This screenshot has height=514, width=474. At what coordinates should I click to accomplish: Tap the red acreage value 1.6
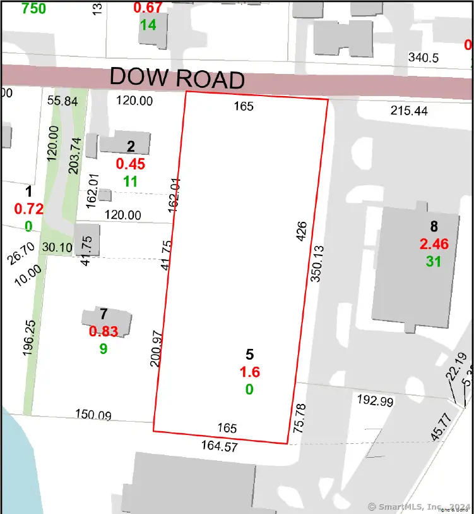point(249,372)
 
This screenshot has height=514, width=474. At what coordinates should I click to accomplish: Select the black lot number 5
point(250,355)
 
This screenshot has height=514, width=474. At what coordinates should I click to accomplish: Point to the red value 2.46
point(434,243)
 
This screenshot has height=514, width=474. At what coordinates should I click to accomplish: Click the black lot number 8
point(434,226)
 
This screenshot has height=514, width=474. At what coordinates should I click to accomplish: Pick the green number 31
point(433,260)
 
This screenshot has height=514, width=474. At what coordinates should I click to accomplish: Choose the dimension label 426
point(301,233)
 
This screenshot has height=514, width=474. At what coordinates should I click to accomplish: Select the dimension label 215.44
point(409,111)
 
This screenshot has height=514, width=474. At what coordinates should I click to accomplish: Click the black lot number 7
point(104,314)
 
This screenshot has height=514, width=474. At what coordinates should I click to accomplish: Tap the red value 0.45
point(131,164)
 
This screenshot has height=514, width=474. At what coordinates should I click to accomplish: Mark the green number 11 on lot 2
point(130,181)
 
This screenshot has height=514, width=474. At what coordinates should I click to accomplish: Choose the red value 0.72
point(28,208)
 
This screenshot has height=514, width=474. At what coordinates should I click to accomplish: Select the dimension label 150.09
point(93,415)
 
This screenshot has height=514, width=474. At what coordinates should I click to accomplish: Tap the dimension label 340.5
point(424,58)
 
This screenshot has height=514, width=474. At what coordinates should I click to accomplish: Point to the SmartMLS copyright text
point(419,506)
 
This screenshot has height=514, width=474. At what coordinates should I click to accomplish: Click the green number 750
point(34,8)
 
